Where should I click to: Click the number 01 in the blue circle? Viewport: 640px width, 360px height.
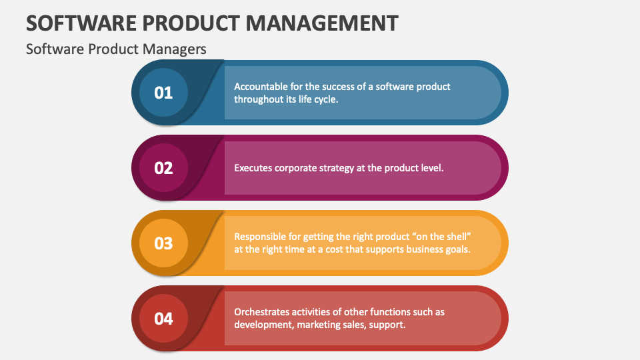(x=163, y=93)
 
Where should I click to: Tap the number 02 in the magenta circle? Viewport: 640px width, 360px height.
(x=163, y=168)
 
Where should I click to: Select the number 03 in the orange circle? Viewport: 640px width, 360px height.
(x=163, y=243)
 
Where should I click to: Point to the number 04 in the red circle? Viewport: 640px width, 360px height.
(x=163, y=319)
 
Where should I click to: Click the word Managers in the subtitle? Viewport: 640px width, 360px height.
(x=178, y=49)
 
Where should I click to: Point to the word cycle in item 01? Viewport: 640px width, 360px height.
(x=324, y=99)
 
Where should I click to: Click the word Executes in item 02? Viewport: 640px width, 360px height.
(x=253, y=168)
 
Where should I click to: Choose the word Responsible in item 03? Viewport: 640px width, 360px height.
(x=261, y=237)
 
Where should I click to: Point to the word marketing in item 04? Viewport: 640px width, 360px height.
(x=317, y=325)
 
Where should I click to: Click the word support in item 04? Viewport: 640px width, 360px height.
(x=389, y=325)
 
